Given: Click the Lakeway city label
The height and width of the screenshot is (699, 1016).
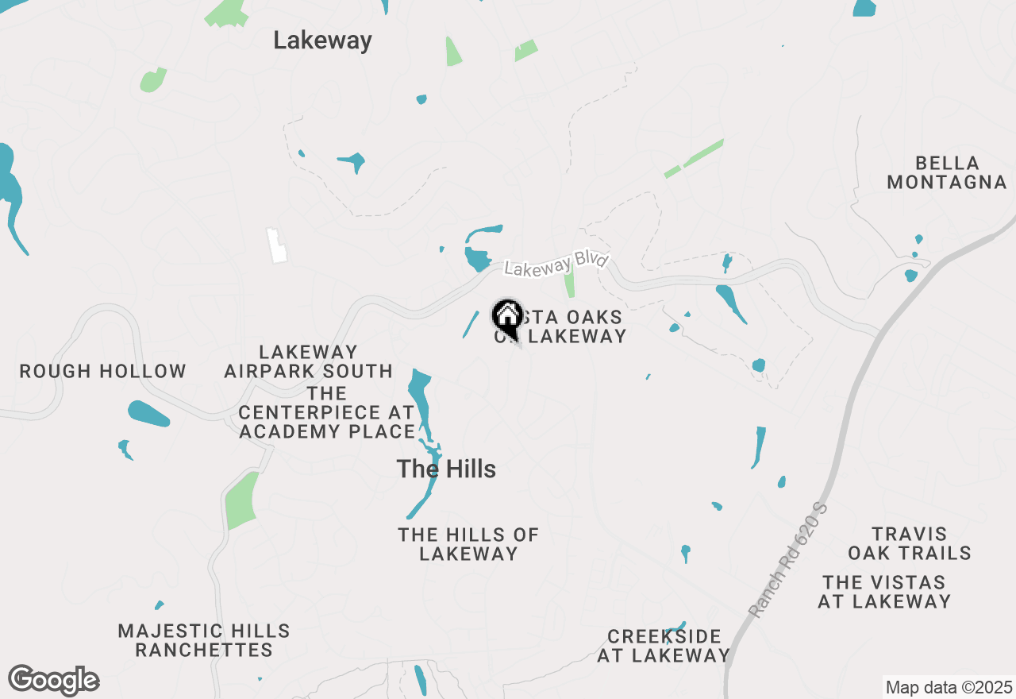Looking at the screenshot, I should [x=322, y=41].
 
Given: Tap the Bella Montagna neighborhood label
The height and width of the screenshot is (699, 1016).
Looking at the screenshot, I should [x=946, y=172].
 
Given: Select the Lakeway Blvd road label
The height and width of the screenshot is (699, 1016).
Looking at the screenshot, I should [x=556, y=265].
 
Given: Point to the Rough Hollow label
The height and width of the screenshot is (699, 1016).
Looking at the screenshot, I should [x=102, y=371].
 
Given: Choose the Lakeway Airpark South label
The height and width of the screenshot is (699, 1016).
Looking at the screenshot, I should [x=309, y=361].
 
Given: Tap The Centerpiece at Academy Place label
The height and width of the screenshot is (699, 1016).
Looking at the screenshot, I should [x=326, y=412].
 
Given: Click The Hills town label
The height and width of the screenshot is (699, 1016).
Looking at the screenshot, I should [x=446, y=469].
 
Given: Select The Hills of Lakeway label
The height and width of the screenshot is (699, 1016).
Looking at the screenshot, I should [x=468, y=544].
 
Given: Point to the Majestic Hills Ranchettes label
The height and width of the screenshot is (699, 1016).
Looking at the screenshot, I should [x=204, y=640].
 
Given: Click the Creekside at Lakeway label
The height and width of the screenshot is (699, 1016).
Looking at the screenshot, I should [x=664, y=646].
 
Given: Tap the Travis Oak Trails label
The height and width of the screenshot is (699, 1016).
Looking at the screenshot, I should [x=910, y=543].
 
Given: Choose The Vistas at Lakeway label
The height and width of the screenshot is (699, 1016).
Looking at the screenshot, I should [x=884, y=592].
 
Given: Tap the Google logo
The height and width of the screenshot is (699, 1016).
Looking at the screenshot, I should [x=54, y=680].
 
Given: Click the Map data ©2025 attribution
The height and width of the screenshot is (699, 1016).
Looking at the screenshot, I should [x=949, y=687].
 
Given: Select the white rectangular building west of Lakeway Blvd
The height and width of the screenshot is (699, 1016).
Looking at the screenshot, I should [x=277, y=245].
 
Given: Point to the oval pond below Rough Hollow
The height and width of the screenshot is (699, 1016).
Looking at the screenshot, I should [x=148, y=413].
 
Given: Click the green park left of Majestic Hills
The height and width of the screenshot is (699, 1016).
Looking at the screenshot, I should [x=241, y=500].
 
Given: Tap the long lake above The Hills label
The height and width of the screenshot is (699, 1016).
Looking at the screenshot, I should [x=420, y=401].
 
